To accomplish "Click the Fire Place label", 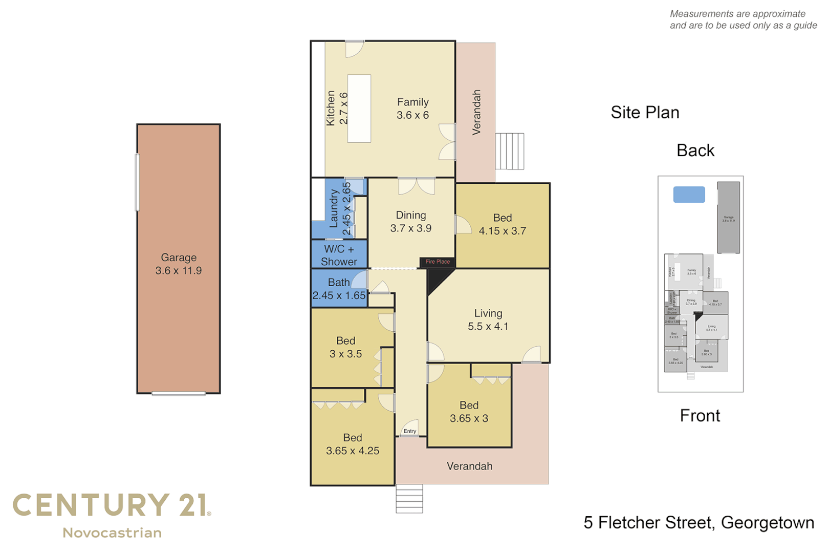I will coord(438,262).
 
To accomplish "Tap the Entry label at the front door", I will coord(410,431).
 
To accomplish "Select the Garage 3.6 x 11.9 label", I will coord(179,264).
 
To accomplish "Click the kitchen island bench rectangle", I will coord(359,109).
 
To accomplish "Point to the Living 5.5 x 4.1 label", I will coord(488,320).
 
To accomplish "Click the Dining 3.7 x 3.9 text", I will coord(411,222).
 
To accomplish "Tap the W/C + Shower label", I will coord(339,255).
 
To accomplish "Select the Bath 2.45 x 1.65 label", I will coord(339,289).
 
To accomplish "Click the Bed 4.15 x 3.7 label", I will coord(503,224).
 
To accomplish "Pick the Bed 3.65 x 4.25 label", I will coord(353,444).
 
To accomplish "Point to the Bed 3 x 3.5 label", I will coord(346,347).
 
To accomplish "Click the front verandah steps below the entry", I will coord(409,499).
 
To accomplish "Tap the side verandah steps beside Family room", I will coord(510,151).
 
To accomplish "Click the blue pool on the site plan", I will coord(689,195).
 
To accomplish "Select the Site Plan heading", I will coord(645,113).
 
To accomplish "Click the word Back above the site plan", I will coord(695,151).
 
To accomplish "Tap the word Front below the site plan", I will coord(700,415).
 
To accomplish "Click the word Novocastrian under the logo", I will coord(112,533).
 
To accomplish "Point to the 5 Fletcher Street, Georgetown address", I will coord(699,523).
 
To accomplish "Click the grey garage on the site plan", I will coord(728,218).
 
